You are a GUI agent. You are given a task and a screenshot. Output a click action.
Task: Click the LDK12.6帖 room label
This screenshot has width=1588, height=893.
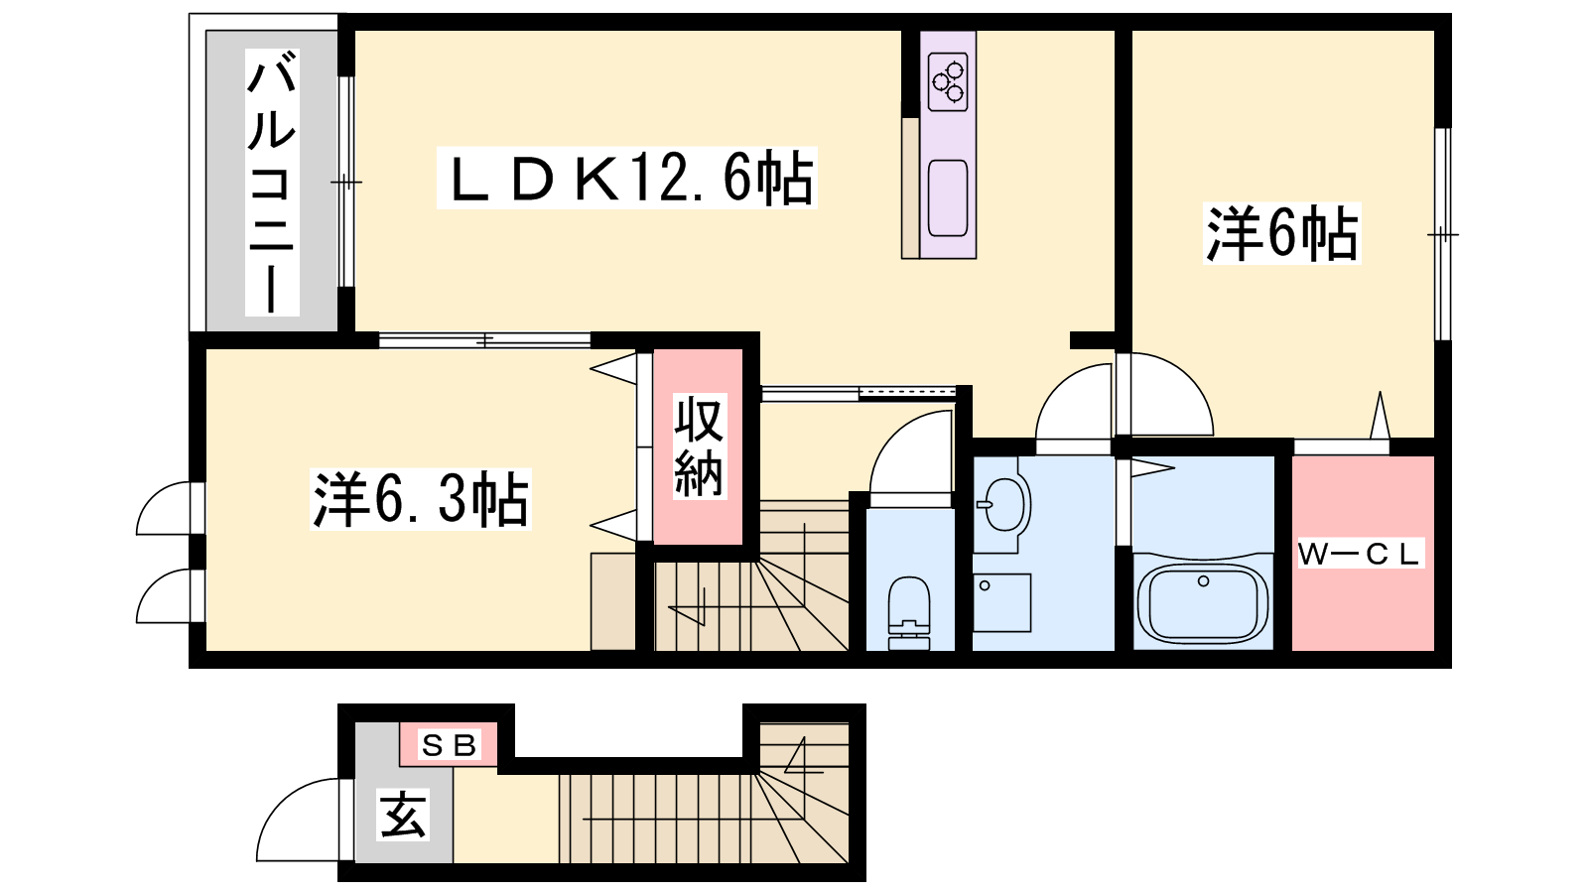point(626,178)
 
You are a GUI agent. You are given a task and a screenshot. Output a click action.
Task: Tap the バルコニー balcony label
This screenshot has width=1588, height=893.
point(272,183)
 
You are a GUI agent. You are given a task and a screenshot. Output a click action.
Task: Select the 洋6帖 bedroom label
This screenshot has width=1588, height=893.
point(1281,233)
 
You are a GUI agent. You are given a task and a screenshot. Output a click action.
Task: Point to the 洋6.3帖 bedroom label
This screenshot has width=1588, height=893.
point(421,499)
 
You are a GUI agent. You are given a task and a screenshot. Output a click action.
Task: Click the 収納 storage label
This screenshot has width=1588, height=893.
point(699,446)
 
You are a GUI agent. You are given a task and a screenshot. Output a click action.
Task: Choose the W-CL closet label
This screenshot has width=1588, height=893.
point(1361,554)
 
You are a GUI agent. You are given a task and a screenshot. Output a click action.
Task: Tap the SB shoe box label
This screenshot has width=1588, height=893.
point(450,745)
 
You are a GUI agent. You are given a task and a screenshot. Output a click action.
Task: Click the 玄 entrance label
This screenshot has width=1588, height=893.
point(403,815)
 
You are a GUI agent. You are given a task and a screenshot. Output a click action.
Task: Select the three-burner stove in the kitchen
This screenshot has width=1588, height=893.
point(948,82)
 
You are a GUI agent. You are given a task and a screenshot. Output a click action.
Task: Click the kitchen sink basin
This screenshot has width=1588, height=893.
point(948,197)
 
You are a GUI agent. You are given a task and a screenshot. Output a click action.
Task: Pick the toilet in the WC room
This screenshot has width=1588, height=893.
point(909,612)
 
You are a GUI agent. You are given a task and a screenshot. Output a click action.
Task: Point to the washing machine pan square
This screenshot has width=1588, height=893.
point(1001,602)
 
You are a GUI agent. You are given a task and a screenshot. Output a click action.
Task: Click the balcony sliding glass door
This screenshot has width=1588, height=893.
point(346,183)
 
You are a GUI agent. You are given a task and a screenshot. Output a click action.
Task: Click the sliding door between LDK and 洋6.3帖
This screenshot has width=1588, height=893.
point(485,341)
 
